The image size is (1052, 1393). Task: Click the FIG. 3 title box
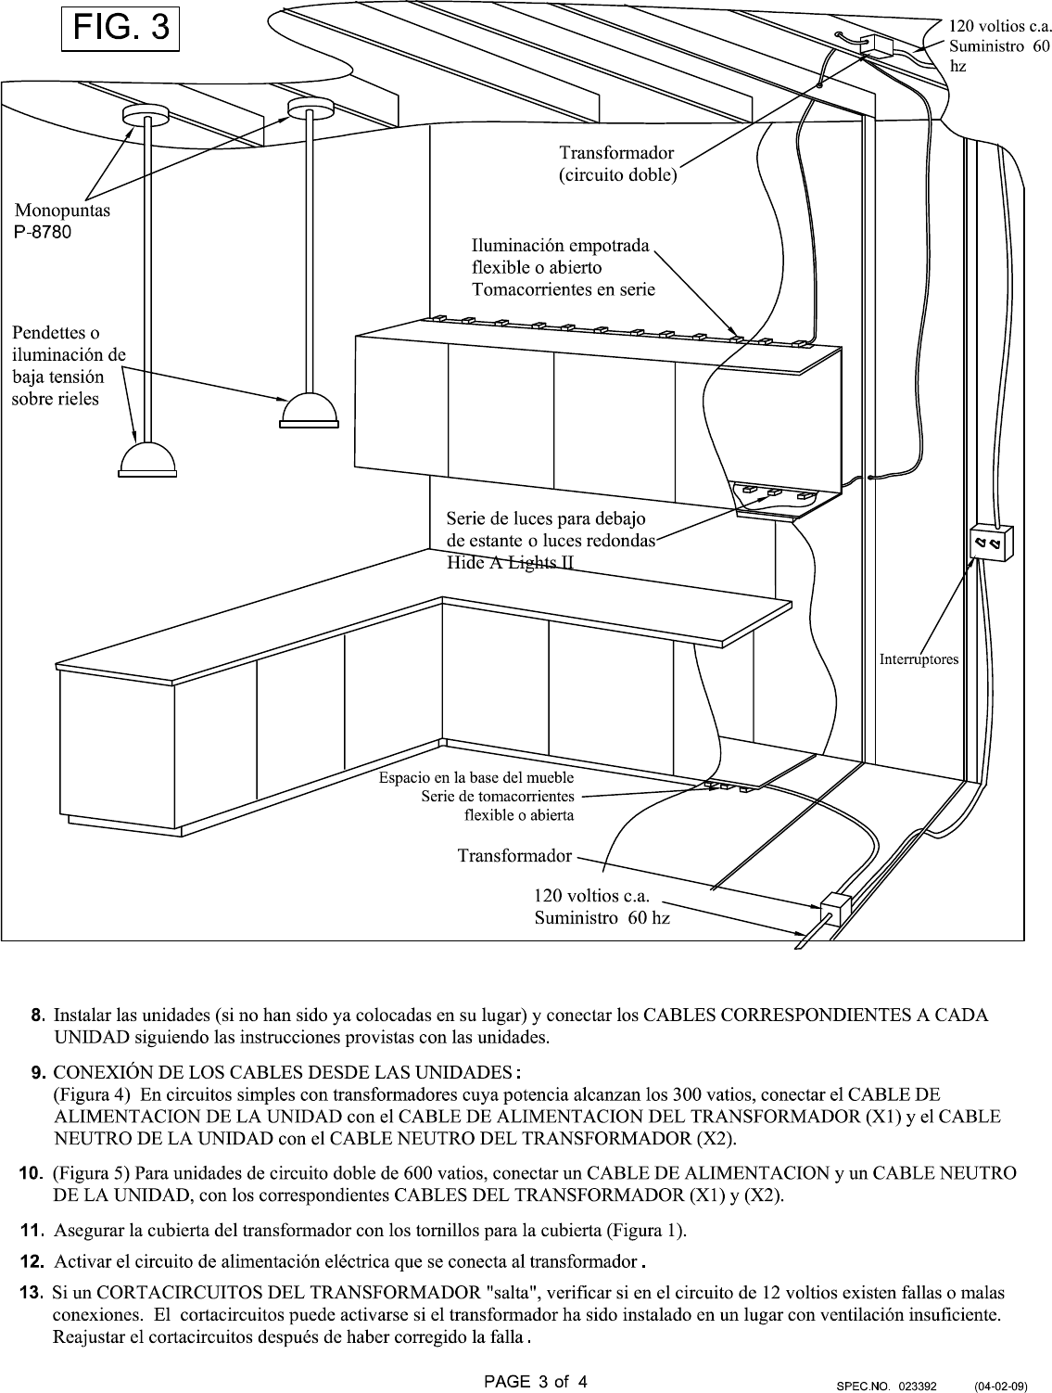point(120,29)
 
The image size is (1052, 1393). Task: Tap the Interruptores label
point(919,659)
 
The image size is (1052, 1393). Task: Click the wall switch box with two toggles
point(991,543)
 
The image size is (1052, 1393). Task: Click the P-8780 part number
point(43,232)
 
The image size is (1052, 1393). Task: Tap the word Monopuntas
point(62,210)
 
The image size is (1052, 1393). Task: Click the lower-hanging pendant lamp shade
point(147,459)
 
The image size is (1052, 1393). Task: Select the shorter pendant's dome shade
point(309,410)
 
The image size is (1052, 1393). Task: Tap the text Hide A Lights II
point(510,563)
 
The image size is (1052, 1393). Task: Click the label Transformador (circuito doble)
point(617,164)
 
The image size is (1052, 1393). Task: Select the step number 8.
point(38,1015)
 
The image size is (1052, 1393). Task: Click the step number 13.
point(32,1292)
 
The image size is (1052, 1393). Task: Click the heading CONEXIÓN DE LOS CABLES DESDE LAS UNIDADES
point(286,1072)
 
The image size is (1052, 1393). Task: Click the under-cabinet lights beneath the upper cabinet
point(776,492)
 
